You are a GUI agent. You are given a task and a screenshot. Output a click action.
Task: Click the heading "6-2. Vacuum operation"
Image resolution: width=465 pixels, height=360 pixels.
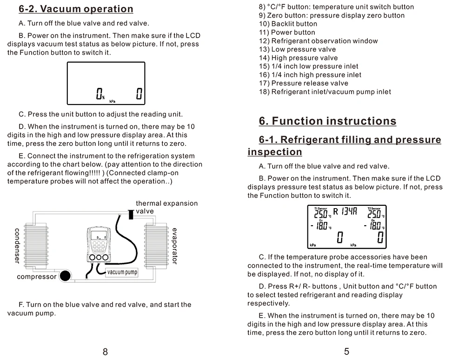[x=76, y=9]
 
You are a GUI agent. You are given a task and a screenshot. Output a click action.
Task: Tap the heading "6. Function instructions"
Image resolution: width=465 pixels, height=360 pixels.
[x=327, y=121]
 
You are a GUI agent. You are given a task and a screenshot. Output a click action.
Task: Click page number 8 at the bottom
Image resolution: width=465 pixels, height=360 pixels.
[x=105, y=352]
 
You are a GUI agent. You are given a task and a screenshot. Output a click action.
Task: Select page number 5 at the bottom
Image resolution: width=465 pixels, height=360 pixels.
[x=347, y=352]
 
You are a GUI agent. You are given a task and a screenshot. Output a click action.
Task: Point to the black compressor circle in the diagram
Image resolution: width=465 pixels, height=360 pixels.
[x=66, y=276]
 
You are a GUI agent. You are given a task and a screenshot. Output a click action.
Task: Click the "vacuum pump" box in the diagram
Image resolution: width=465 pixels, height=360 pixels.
[x=122, y=272]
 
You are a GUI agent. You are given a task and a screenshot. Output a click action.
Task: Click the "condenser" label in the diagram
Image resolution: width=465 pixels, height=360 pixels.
[x=17, y=245]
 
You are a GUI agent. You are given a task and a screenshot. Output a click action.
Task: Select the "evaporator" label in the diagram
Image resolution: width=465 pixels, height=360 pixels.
[x=174, y=246]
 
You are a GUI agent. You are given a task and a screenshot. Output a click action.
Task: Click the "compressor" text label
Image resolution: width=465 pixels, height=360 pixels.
[x=36, y=277]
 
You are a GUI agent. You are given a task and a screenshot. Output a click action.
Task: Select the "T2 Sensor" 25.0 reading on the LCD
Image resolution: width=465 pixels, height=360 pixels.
[x=374, y=214]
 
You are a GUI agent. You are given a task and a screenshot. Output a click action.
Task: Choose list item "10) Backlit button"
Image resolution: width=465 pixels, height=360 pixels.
[x=288, y=24]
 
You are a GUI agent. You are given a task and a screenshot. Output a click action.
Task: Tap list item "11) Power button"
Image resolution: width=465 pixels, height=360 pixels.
[x=287, y=33]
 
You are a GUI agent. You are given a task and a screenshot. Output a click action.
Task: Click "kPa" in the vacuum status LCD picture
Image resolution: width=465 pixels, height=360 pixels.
[x=113, y=101]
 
